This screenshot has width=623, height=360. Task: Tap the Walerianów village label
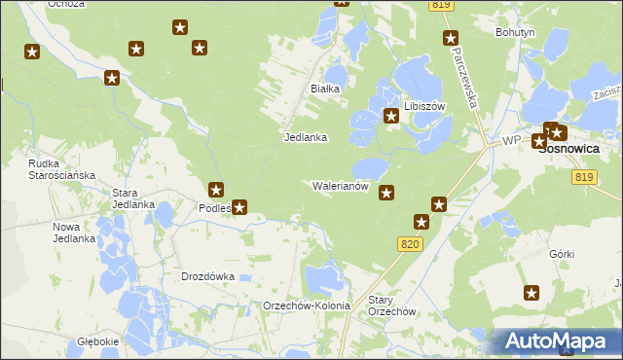tap(339, 185)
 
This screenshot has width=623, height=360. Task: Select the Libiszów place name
tap(423, 105)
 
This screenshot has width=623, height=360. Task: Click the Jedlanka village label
tap(305, 138)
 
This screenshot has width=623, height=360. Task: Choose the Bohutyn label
tap(515, 32)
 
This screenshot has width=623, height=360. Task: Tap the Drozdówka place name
tap(208, 276)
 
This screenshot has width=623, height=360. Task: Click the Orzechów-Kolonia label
tap(307, 306)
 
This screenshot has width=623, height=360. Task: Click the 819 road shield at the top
tap(441, 6)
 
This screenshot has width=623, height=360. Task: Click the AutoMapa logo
tap(554, 342)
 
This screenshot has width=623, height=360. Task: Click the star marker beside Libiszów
tap(391, 117)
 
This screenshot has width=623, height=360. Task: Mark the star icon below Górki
tap(531, 292)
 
